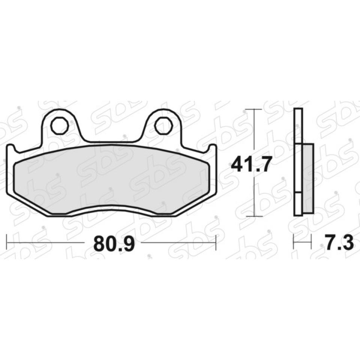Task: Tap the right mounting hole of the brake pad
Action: [163, 126]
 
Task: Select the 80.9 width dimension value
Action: [114, 243]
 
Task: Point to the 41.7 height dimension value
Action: [250, 164]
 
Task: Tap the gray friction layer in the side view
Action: [308, 178]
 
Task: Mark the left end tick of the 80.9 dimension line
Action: [7, 243]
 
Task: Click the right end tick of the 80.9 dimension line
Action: [216, 243]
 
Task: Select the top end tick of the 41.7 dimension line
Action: [254, 109]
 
